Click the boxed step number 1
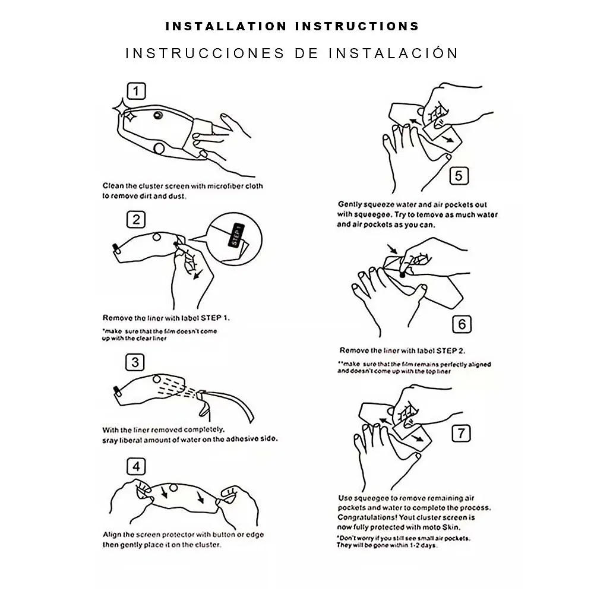(136, 91)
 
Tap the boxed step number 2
(136, 219)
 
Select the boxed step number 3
(135, 362)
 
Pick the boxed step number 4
(136, 466)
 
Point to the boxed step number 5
(459, 176)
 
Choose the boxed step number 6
(462, 324)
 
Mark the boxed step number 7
(461, 434)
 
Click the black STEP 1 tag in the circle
(236, 235)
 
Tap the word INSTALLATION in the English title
(226, 26)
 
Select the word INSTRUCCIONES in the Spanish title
(205, 53)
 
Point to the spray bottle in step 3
(225, 405)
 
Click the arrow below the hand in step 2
(198, 274)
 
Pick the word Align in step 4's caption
(112, 535)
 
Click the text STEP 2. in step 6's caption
(450, 351)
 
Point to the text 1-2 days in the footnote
(423, 545)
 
